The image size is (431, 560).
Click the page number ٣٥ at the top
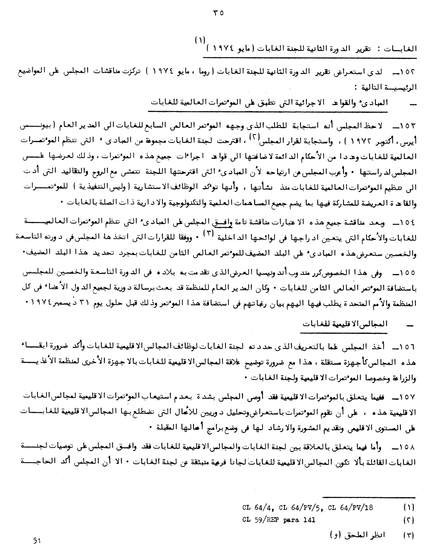click(215, 13)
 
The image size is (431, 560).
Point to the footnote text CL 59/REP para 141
click(278, 520)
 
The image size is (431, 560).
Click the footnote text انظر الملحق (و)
click(359, 535)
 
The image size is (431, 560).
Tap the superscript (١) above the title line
click(200, 40)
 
